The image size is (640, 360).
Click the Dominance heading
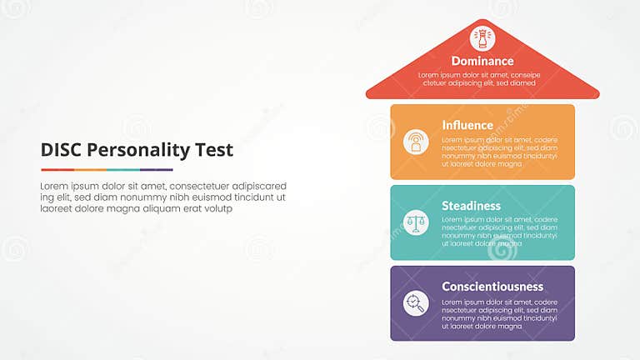(x=482, y=61)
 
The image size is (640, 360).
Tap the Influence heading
(x=467, y=125)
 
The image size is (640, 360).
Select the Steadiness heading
(x=471, y=206)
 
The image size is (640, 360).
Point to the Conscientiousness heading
(x=492, y=287)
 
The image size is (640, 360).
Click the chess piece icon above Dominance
(x=482, y=37)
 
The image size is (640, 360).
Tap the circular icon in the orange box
(x=416, y=142)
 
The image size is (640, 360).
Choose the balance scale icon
(x=416, y=222)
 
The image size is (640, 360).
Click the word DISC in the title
(x=60, y=151)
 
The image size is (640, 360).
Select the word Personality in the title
(x=139, y=151)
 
